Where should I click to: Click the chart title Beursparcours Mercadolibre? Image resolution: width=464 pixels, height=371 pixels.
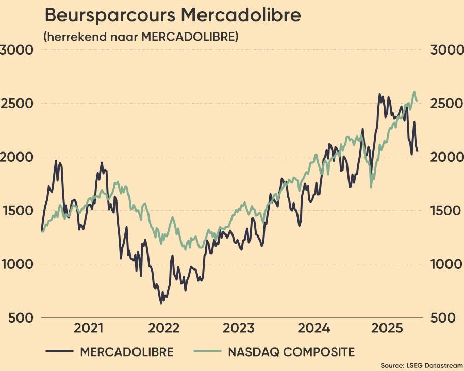[172, 15]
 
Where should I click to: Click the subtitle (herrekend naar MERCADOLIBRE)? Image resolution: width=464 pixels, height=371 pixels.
[141, 38]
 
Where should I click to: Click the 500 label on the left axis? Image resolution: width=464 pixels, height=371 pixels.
[21, 318]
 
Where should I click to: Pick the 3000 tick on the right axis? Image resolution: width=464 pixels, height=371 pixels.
[446, 50]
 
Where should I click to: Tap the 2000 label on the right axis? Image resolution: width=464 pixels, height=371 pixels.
[446, 157]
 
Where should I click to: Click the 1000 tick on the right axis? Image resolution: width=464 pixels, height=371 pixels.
[446, 264]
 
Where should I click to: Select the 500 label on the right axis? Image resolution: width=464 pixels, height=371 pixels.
[443, 318]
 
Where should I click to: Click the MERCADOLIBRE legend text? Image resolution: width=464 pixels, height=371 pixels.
[127, 352]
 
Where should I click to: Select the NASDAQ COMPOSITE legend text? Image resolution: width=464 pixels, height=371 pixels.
[291, 352]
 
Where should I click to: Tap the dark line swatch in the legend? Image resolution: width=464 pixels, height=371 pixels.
[59, 352]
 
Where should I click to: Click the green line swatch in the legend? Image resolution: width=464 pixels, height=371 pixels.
[207, 352]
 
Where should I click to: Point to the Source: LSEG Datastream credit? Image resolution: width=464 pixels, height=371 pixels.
[421, 365]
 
